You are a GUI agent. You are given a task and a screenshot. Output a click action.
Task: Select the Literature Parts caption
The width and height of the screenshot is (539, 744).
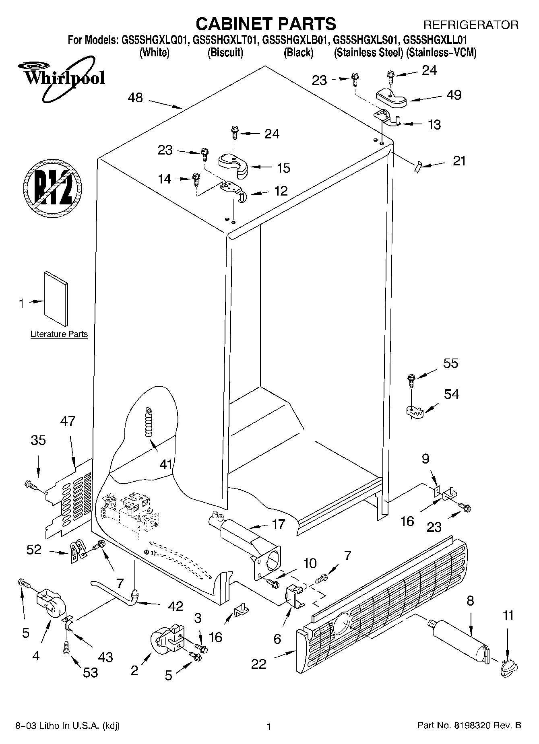(x=59, y=334)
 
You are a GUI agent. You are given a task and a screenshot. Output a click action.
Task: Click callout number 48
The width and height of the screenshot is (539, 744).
(x=135, y=98)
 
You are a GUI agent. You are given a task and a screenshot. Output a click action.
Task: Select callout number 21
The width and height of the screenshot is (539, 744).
(x=459, y=161)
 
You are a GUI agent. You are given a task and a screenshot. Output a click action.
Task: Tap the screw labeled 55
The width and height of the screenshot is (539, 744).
(x=411, y=379)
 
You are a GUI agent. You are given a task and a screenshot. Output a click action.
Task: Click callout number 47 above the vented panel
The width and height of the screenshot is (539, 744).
(x=67, y=421)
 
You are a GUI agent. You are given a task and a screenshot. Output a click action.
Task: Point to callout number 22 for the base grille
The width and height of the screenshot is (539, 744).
(x=258, y=664)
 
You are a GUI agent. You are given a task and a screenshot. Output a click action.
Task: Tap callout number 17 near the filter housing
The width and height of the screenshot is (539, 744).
(x=278, y=524)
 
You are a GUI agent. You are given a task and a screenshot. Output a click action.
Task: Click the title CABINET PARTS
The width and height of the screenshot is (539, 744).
(x=266, y=24)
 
